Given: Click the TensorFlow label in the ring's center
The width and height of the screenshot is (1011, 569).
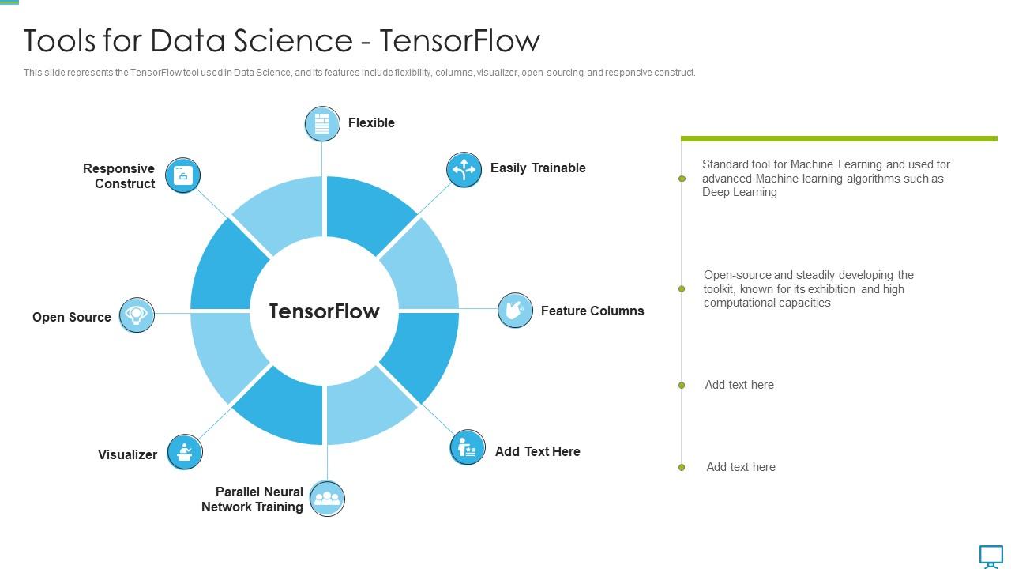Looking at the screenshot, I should click(324, 311).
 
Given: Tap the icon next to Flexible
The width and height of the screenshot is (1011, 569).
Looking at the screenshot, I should click(322, 124).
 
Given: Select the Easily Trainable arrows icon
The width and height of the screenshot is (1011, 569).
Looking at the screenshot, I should click(464, 170).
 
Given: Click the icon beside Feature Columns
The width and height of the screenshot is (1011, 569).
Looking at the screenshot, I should click(515, 310).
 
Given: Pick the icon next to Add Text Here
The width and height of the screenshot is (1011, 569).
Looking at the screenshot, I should click(467, 448).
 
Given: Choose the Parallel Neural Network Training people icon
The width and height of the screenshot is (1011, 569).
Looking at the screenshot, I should click(327, 499).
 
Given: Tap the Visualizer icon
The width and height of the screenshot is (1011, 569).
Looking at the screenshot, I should click(185, 452).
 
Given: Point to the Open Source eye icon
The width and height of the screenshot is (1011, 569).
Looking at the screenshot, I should click(137, 315).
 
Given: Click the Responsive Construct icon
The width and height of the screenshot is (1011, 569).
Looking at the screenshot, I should click(183, 175).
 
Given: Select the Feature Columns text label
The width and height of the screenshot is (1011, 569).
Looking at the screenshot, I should click(592, 311).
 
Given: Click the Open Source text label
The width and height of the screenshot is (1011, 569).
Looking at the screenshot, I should click(72, 317).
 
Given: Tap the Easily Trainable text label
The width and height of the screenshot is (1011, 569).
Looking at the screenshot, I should click(538, 168).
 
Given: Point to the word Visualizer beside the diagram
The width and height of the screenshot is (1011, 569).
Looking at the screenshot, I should click(127, 454).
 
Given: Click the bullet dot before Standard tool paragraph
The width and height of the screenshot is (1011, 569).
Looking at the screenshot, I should click(682, 179).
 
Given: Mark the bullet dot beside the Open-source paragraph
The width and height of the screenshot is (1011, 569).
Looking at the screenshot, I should click(682, 289).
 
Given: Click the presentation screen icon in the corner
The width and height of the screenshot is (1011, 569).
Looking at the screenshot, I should click(991, 556).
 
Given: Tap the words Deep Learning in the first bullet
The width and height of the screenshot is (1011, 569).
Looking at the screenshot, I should click(739, 192).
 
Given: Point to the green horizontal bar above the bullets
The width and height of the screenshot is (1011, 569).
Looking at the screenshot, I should click(839, 139).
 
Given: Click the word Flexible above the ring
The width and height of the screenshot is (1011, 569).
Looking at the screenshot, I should click(371, 122).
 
